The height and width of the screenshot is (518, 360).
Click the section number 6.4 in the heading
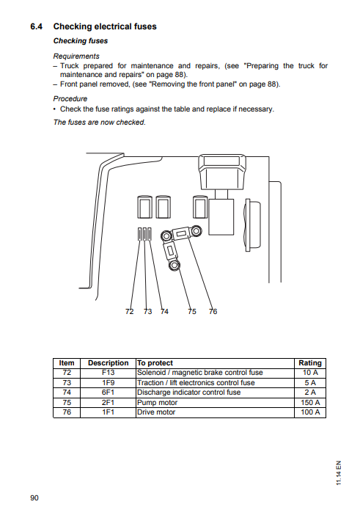37,26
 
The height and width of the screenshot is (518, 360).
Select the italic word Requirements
76,56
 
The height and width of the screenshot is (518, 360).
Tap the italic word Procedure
70,99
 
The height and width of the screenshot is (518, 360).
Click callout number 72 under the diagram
130,312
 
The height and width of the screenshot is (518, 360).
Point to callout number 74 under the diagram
164,312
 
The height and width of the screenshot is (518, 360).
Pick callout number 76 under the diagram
213,312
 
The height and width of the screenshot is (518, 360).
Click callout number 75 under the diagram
192,312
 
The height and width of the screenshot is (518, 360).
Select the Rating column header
310,362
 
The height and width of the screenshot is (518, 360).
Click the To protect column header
155,362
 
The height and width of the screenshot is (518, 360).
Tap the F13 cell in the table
108,373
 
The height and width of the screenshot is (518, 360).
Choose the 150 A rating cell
310,402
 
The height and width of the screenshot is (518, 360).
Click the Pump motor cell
157,402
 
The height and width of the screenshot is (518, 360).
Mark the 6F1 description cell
108,393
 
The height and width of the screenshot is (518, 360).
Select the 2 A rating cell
310,393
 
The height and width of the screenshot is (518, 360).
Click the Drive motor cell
156,412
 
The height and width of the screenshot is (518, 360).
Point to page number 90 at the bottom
34,498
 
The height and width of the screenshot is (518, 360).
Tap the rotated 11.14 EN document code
339,473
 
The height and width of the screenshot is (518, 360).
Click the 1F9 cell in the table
108,382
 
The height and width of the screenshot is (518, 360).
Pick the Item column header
67,362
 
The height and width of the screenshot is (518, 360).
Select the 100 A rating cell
310,412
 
